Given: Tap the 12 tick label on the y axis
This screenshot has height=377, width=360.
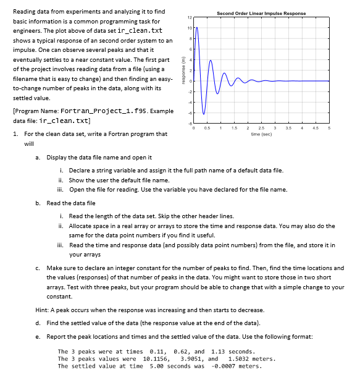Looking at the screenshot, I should [191, 17].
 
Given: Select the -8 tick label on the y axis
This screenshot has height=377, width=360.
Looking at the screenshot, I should [191, 124].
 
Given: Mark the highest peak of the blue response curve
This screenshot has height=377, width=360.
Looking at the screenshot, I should [197, 28].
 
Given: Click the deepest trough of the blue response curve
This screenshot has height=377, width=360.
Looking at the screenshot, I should [204, 114].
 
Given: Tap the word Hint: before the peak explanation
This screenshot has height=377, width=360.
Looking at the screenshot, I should [44, 309].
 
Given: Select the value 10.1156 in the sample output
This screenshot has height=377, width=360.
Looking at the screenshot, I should [156, 358].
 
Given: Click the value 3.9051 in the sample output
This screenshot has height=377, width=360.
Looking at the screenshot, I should [192, 358].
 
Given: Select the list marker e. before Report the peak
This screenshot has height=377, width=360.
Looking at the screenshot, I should [39, 337].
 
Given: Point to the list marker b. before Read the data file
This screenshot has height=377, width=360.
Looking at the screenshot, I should [39, 203].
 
